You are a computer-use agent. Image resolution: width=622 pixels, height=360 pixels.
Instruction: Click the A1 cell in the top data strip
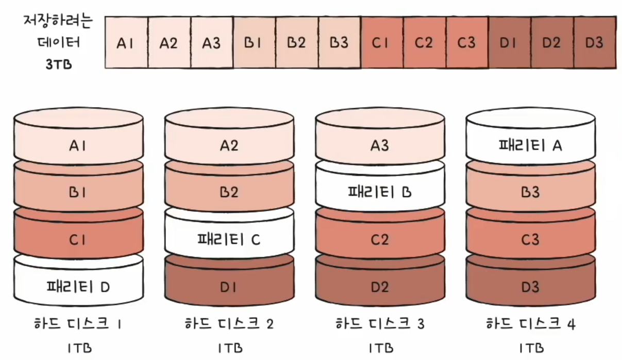[x=126, y=43]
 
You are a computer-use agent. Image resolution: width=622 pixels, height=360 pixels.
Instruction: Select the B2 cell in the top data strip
[x=297, y=43]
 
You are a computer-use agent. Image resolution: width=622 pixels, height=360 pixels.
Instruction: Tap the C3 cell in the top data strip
[x=467, y=43]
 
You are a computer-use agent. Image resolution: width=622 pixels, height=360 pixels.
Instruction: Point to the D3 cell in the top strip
[x=595, y=43]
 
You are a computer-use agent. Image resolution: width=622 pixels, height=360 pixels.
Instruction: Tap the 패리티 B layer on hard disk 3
[x=380, y=192]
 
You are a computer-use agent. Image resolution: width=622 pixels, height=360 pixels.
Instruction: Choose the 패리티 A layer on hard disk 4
[x=530, y=145]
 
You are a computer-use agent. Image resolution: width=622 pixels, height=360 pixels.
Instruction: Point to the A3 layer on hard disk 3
[x=380, y=145]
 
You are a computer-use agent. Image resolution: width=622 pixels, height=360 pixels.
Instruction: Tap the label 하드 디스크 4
[x=530, y=324]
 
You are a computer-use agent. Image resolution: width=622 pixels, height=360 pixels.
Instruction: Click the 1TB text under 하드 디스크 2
[x=229, y=348]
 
